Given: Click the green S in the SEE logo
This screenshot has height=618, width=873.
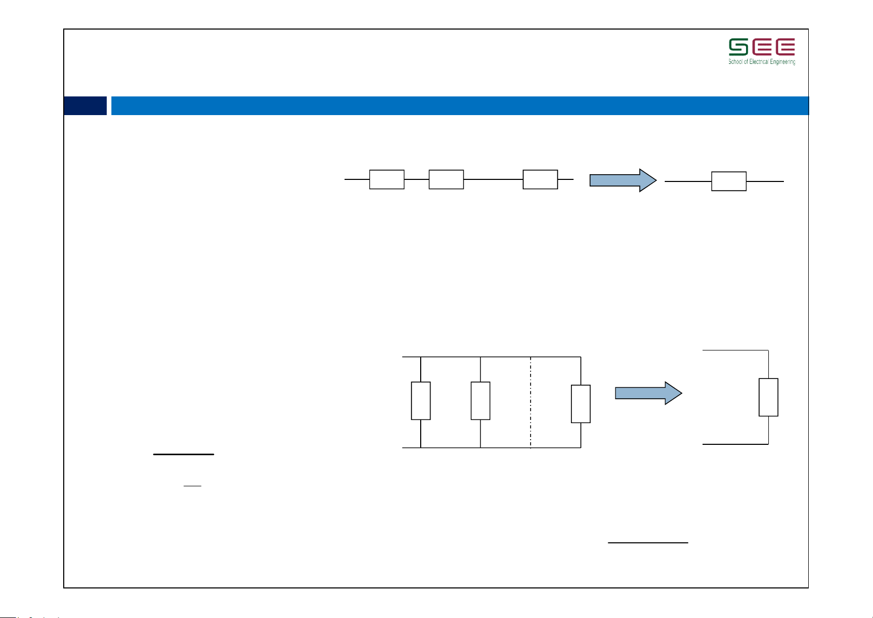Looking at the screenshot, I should coord(738,47).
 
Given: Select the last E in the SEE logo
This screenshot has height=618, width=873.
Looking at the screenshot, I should coord(785,47).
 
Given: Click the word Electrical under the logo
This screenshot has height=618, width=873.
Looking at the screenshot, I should coord(758,62).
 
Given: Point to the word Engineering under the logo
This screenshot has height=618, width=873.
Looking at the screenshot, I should coord(782,62).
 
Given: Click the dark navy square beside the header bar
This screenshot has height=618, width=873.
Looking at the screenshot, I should coord(85,106).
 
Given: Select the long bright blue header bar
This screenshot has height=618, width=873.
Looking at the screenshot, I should coord(460,106).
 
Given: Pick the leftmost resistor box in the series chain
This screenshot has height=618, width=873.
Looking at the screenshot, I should coord(387,179).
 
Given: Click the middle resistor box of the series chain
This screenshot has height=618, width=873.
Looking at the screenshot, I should coord(446,179).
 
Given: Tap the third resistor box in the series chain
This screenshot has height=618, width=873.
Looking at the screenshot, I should coord(540,179).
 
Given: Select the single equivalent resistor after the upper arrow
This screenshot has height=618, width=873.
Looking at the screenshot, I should coord(729,181).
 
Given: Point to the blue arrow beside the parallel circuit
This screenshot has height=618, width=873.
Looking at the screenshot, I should coord(648,394).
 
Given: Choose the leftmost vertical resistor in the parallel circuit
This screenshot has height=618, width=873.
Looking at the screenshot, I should coord(421,401).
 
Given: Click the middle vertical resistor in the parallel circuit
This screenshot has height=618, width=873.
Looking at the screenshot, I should coord(480,401).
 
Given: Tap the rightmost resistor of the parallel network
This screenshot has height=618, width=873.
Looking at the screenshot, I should coord(581,404).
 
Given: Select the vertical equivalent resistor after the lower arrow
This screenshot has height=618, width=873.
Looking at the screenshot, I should coord(768,397).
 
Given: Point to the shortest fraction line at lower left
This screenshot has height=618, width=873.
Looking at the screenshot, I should coord(192,486).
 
